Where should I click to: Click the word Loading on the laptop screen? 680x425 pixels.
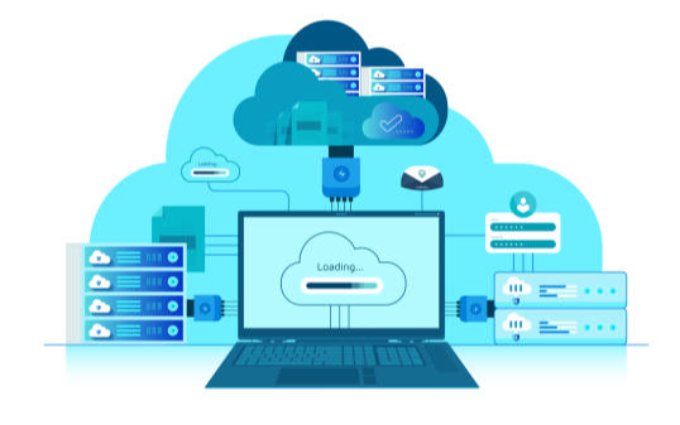[337, 267]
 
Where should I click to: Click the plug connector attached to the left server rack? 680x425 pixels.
[205, 306]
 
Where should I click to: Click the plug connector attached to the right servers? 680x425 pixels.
[470, 305]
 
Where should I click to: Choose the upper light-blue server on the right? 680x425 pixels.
[560, 289]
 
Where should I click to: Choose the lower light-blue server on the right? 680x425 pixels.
[560, 325]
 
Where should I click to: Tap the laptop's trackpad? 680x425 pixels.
[341, 376]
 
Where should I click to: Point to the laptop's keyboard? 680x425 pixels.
[341, 354]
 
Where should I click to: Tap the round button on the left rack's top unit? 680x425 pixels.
[173, 257]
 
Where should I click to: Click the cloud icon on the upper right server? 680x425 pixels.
[516, 288]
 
